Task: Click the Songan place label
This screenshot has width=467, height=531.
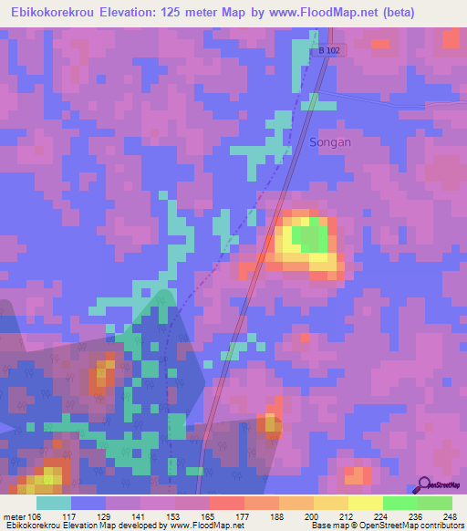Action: coord(329,142)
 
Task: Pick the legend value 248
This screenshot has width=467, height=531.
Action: coord(450,515)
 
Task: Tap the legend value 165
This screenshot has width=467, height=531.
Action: coord(209,515)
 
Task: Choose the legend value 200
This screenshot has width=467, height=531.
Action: coord(312,515)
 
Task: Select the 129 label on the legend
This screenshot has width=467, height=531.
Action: coord(106,515)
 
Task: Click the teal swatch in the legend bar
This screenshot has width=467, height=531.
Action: coord(54,503)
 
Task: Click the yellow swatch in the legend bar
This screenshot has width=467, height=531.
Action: coord(365,503)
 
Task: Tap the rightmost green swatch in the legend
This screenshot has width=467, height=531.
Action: coord(434,503)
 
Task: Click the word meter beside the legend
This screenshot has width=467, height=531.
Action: coord(13,515)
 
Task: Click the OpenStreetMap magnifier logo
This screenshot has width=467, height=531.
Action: coord(425,484)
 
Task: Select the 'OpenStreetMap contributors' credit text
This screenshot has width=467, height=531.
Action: coord(416,526)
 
